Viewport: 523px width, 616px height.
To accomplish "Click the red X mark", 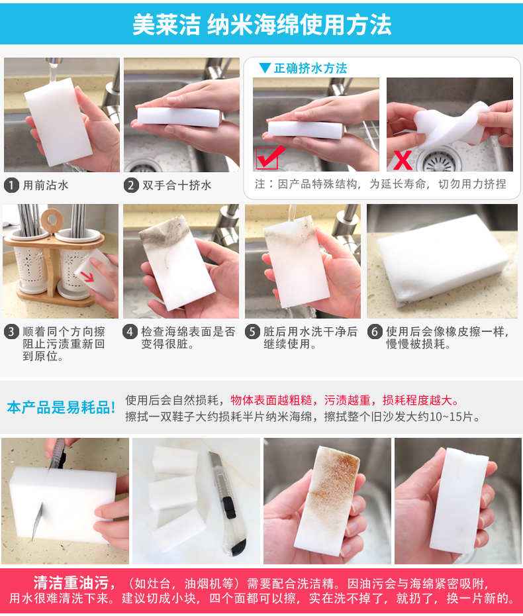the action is tap(403, 160).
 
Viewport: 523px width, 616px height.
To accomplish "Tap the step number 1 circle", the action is tap(11, 185).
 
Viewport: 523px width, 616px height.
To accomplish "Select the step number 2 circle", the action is tap(131, 185).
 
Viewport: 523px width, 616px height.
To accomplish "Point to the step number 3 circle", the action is tap(11, 332).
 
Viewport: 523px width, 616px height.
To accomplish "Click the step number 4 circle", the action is tap(130, 332).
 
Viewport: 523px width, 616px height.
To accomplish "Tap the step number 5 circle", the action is tap(252, 332).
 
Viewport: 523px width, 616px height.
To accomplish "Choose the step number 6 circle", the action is tap(375, 332).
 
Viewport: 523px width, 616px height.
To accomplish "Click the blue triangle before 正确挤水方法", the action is tap(265, 68).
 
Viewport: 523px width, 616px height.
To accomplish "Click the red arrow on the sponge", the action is tap(87, 276).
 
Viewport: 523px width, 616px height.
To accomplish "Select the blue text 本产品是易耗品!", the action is tap(62, 407).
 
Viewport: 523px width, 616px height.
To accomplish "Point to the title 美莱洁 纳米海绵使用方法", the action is tap(262, 25).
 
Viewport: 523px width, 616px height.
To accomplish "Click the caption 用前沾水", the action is tap(46, 185).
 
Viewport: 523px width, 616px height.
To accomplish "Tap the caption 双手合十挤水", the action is tap(177, 185).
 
